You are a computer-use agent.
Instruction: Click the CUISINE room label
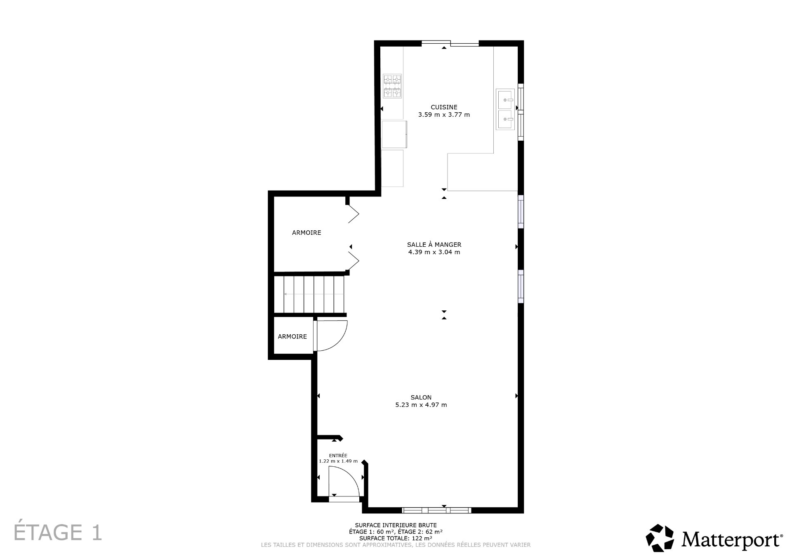[x=444, y=107]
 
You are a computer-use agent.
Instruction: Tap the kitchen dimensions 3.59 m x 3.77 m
[x=444, y=115]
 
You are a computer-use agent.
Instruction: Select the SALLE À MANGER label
[x=434, y=245]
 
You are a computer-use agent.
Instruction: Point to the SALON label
[x=421, y=397]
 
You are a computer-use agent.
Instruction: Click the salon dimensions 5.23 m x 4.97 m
[x=421, y=405]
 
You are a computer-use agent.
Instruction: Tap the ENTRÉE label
[x=338, y=456]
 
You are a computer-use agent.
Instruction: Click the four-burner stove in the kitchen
[x=392, y=86]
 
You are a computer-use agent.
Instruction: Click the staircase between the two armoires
[x=309, y=295]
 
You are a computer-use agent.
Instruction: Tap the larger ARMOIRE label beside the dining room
[x=306, y=233]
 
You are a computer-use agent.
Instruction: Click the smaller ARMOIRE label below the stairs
[x=292, y=337]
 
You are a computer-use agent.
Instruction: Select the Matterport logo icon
[x=660, y=538]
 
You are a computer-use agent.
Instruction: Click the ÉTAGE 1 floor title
[x=58, y=532]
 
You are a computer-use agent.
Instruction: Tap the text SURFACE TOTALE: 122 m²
[x=396, y=538]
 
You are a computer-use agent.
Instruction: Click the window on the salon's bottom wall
[x=436, y=510]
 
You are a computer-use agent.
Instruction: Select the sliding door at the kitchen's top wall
[x=450, y=43]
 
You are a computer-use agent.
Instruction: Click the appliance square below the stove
[x=394, y=134]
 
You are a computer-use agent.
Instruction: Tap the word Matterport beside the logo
[x=732, y=539]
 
